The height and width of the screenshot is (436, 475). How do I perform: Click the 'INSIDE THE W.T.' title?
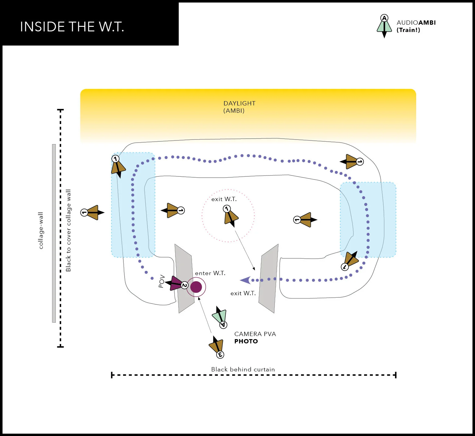click(x=72, y=27)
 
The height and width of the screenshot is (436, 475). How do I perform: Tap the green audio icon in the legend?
click(x=384, y=26)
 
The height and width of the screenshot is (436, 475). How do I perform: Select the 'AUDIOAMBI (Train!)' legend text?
click(x=416, y=26)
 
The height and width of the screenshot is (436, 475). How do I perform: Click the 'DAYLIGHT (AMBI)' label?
click(x=239, y=107)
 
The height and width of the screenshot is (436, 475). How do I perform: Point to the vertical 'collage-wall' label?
click(x=41, y=231)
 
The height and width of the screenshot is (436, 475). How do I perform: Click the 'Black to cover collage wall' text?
click(x=68, y=230)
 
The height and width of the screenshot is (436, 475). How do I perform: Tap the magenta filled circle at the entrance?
click(x=196, y=287)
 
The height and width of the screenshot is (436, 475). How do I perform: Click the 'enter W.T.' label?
click(x=210, y=273)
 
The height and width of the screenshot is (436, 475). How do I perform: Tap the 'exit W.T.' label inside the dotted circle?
click(x=224, y=199)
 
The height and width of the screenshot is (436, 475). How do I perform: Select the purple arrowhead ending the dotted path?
click(x=245, y=280)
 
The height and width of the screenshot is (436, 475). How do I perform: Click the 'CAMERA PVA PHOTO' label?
click(x=255, y=338)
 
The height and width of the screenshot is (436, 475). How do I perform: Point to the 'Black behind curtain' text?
click(x=243, y=369)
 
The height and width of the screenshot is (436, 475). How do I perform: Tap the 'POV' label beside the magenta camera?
click(x=161, y=281)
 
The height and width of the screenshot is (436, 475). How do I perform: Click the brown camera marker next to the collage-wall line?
click(x=92, y=212)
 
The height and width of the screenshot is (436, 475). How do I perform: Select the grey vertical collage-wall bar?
click(x=54, y=233)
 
